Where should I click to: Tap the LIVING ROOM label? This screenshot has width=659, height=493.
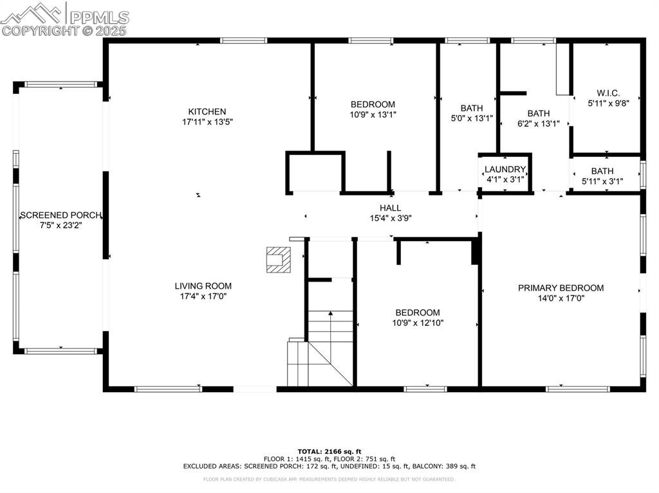(x=203, y=286)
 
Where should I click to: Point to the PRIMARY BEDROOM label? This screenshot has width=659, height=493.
(x=561, y=288)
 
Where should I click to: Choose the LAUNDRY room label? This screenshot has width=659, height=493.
(x=505, y=169)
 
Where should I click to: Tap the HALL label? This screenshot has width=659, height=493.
(x=390, y=208)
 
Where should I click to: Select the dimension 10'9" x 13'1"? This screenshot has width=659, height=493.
(x=373, y=114)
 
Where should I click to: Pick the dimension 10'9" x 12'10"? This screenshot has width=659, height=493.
(x=418, y=323)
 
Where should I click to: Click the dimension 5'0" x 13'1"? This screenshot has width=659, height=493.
(x=471, y=118)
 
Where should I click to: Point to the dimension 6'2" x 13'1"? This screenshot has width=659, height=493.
(x=538, y=123)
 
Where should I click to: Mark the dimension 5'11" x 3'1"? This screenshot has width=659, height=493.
(x=602, y=181)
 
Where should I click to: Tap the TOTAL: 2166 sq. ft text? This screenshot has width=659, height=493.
(x=329, y=451)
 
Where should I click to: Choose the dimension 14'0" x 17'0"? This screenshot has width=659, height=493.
(x=561, y=298)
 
